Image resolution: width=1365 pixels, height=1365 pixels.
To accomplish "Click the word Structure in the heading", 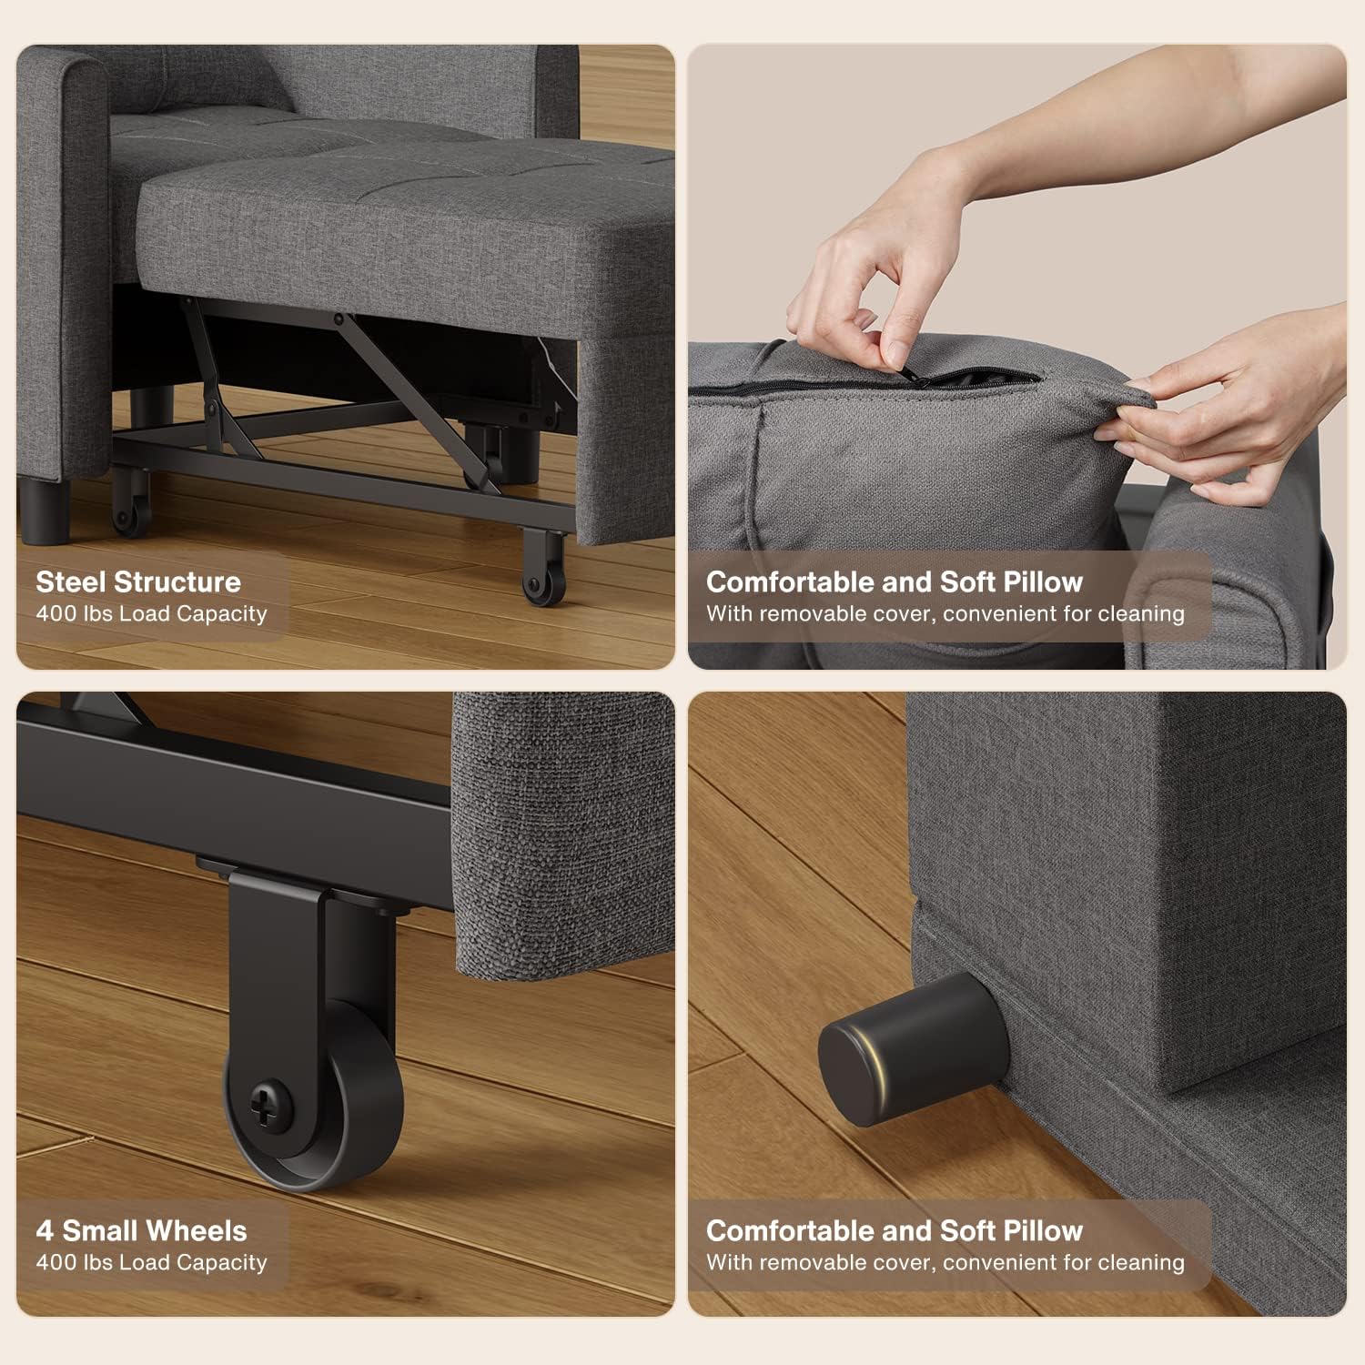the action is (177, 582).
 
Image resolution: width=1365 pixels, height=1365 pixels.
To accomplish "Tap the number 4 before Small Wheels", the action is (45, 1231).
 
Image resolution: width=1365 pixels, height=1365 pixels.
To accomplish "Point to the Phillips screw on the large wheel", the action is (271, 1105).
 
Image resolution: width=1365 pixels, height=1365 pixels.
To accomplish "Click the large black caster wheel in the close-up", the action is (311, 1092).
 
